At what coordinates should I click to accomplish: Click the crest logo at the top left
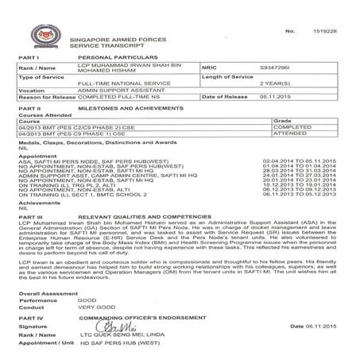38,33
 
